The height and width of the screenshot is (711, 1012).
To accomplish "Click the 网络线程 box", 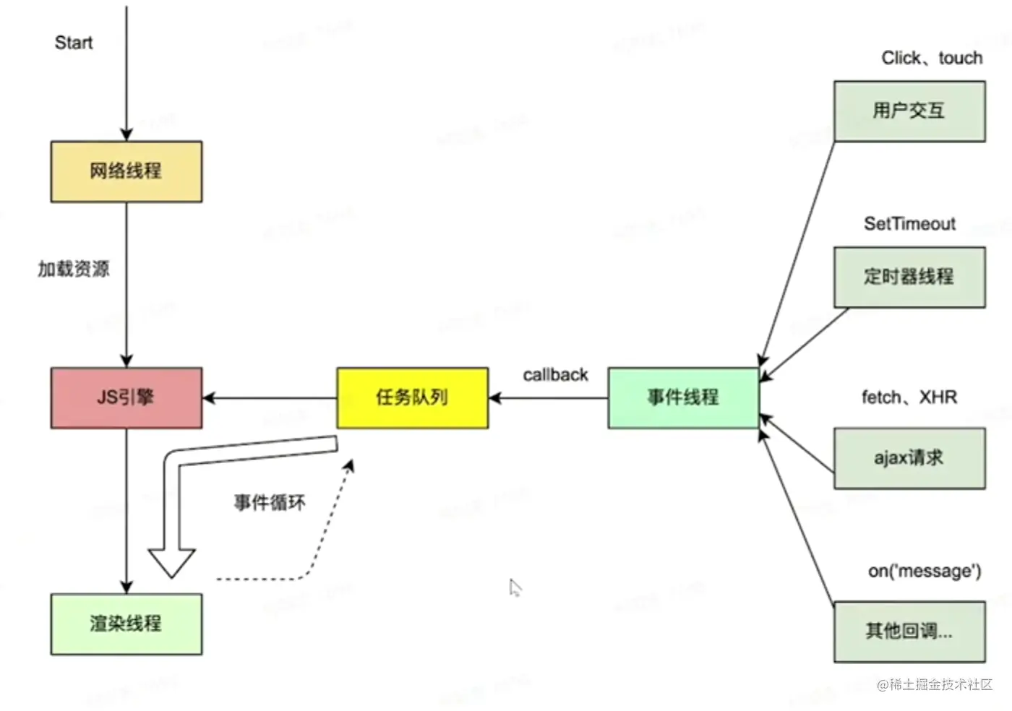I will pyautogui.click(x=126, y=171).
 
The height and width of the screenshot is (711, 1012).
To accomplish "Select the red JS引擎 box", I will pyautogui.click(x=126, y=397).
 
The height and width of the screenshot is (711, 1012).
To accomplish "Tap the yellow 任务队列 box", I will pyautogui.click(x=412, y=397).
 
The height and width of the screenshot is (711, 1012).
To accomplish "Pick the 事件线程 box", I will pyautogui.click(x=683, y=397).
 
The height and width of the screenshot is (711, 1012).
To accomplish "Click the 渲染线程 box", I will pyautogui.click(x=126, y=624).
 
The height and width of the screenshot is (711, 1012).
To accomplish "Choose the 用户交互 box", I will pyautogui.click(x=909, y=111).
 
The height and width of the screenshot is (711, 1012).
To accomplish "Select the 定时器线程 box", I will pyautogui.click(x=909, y=277).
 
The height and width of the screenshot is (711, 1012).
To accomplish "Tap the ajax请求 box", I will pyautogui.click(x=909, y=458).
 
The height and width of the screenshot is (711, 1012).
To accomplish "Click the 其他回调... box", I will pyautogui.click(x=909, y=632).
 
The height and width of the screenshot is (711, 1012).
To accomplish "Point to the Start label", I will pyautogui.click(x=74, y=43).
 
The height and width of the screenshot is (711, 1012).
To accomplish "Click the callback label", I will pyautogui.click(x=555, y=375).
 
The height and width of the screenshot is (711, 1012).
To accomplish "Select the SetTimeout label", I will pyautogui.click(x=909, y=224).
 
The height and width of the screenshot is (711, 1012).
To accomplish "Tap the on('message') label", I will pyautogui.click(x=925, y=571).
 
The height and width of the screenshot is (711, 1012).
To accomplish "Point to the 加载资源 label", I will pyautogui.click(x=74, y=269).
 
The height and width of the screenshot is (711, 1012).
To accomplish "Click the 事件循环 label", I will pyautogui.click(x=270, y=502).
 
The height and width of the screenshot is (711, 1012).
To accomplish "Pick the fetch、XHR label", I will pyautogui.click(x=909, y=397).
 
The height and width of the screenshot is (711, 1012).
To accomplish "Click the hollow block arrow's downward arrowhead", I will pyautogui.click(x=172, y=562).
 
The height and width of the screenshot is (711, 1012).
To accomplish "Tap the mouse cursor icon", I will pyautogui.click(x=515, y=587).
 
